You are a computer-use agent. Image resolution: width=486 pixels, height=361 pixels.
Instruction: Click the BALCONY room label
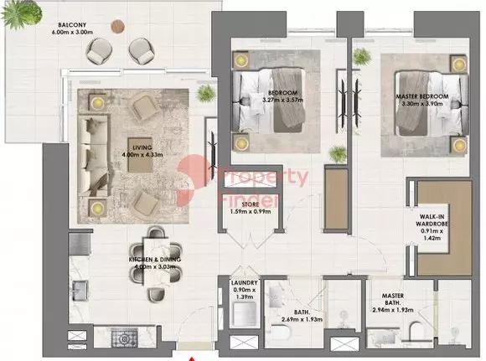tap(72, 25)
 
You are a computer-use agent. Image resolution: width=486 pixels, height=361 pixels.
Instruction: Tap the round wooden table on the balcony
tap(118, 26)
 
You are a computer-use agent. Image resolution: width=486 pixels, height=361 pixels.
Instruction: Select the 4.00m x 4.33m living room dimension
tap(142, 155)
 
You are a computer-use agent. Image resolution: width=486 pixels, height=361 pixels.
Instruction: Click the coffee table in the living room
tap(141, 155)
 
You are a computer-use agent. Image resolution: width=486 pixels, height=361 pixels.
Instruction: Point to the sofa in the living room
tap(93, 156)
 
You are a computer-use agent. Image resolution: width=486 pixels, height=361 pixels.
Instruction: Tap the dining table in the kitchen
tap(156, 260)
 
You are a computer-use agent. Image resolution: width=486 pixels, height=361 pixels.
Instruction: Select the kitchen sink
tap(80, 291)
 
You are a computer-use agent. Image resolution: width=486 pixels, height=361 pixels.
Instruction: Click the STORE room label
tap(251, 204)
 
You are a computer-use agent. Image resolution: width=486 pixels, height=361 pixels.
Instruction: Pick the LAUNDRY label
tap(244, 283)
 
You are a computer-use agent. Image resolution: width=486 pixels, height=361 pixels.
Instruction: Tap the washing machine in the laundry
tap(245, 314)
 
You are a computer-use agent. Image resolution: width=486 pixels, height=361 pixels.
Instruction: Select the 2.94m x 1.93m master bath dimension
tap(393, 310)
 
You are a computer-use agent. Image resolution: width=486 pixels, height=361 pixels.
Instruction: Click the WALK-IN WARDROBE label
tap(432, 220)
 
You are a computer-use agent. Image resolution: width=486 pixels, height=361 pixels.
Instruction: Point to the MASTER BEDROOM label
tap(422, 96)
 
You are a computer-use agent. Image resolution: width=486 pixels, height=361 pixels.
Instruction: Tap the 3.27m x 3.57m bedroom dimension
tap(282, 100)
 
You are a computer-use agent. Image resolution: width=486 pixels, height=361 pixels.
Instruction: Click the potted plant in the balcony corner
tap(21, 14)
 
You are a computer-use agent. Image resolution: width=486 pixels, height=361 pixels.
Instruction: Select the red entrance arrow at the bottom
tap(192, 358)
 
